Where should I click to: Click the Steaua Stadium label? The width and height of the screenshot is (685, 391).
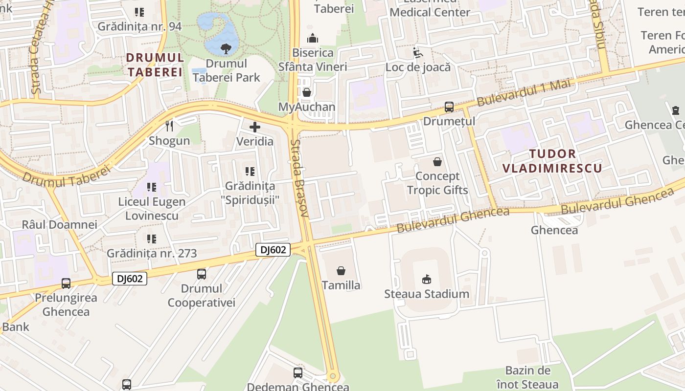pyautogui.click(x=427, y=294)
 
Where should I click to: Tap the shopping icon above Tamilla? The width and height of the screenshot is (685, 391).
pyautogui.click(x=341, y=270)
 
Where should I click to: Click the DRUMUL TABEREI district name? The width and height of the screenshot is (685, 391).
pyautogui.click(x=155, y=65)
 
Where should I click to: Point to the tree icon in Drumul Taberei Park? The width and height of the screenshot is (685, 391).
pyautogui.click(x=226, y=48)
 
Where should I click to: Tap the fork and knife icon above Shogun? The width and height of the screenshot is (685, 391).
pyautogui.click(x=169, y=126)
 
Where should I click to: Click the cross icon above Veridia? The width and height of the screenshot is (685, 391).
pyautogui.click(x=255, y=127)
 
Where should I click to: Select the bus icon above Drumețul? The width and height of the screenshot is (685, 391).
pyautogui.click(x=449, y=107)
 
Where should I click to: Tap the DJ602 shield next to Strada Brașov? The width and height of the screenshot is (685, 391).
pyautogui.click(x=273, y=250)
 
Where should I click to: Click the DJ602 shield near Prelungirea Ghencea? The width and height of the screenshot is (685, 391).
pyautogui.click(x=130, y=279)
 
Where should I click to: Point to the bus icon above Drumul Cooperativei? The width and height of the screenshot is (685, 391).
pyautogui.click(x=201, y=274)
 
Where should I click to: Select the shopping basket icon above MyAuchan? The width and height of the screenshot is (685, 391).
pyautogui.click(x=307, y=92)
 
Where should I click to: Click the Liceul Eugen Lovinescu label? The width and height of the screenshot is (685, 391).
pyautogui.click(x=152, y=209)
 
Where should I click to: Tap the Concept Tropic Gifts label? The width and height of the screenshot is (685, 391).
pyautogui.click(x=437, y=183)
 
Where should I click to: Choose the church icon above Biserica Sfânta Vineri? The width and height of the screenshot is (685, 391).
pyautogui.click(x=313, y=38)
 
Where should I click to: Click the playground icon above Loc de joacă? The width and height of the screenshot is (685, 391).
pyautogui.click(x=417, y=52)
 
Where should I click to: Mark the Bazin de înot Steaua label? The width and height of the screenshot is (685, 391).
pyautogui.click(x=527, y=377)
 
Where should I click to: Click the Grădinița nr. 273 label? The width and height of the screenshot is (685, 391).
pyautogui.click(x=152, y=253)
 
